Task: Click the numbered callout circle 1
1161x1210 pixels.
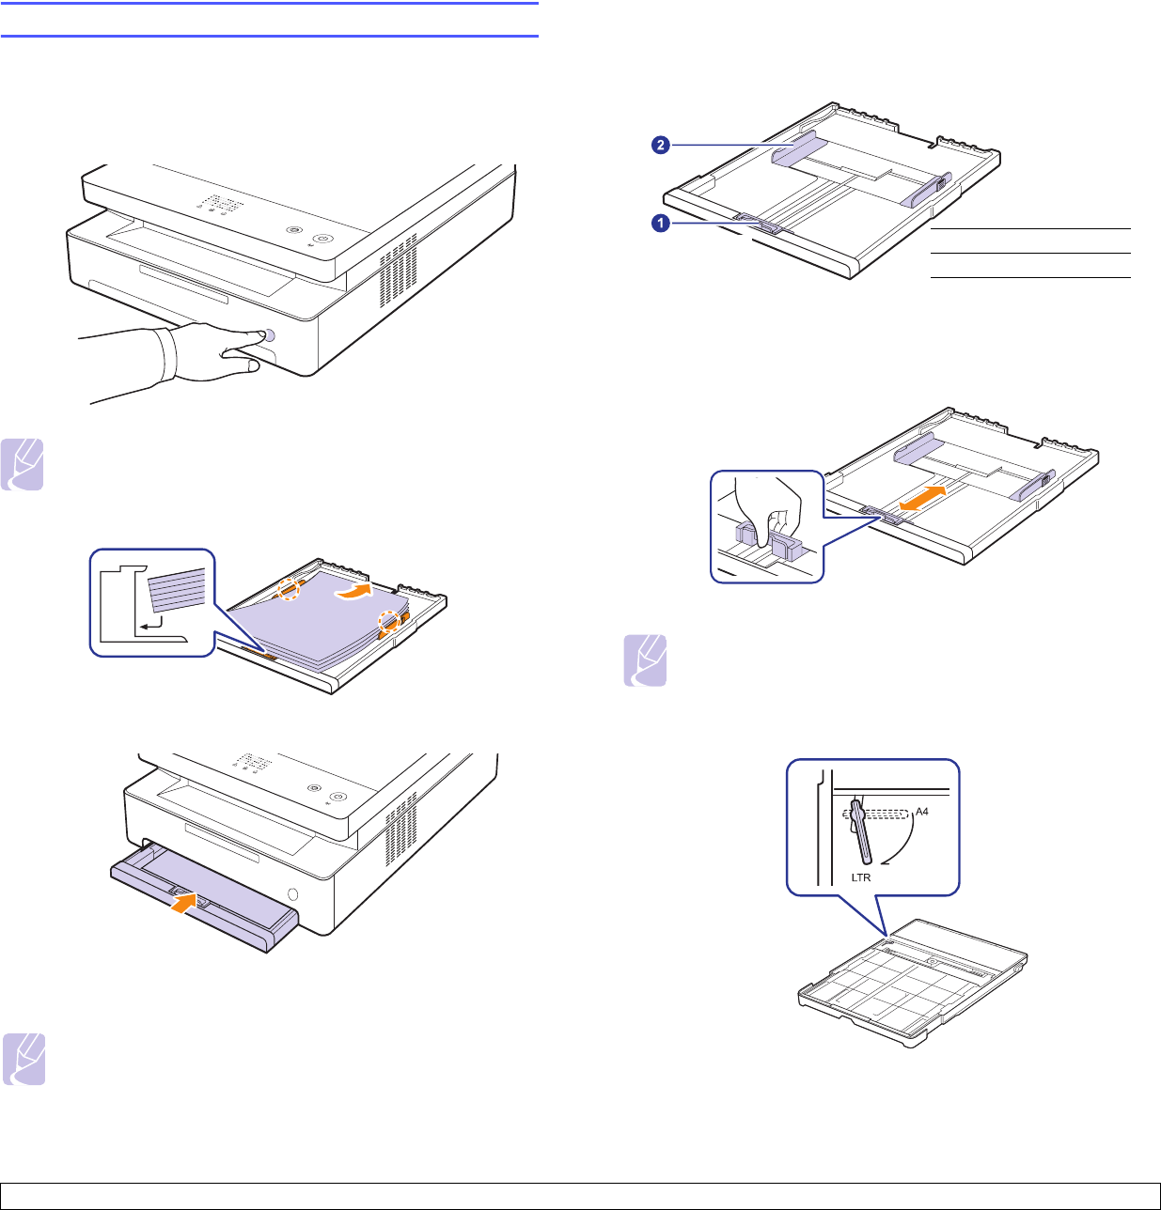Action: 661,225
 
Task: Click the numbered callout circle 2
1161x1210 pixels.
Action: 661,145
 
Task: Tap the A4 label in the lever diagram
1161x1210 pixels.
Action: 921,812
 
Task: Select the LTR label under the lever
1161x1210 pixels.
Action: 860,877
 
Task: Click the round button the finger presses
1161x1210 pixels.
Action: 270,335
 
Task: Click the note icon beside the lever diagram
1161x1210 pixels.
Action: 645,660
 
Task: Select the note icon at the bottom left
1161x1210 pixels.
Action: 24,1060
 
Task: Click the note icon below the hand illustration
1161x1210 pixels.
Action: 24,464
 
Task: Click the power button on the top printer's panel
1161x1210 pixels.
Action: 322,239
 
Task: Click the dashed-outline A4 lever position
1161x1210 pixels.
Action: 881,814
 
